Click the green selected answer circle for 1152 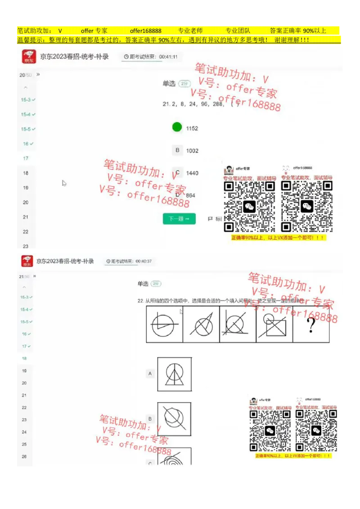coord(177,127)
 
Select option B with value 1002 coord(177,151)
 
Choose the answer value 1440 coord(192,173)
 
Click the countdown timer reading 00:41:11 coord(150,57)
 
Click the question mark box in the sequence coord(311,325)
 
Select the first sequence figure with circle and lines coord(165,325)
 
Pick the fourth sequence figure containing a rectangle coord(274,325)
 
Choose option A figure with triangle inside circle coord(175,374)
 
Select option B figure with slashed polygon coord(174,419)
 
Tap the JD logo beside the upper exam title coord(29,57)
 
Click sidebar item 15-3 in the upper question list coord(27,100)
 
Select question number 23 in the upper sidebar coord(26,246)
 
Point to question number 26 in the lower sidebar coord(24,456)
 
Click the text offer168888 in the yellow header coord(145,31)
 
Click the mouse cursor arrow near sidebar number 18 coord(64,183)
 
